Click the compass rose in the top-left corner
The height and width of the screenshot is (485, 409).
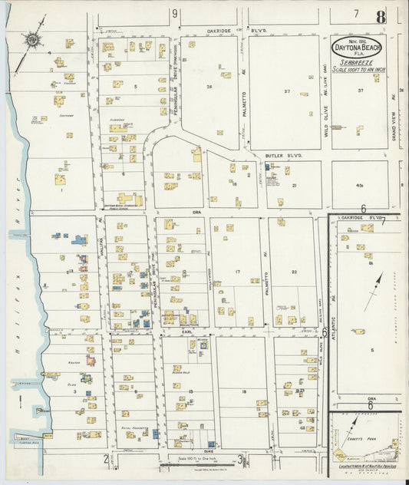tap(33, 39)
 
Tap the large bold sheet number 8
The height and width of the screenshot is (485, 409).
tap(381, 16)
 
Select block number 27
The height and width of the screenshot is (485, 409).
tap(285, 92)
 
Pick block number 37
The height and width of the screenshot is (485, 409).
tap(360, 91)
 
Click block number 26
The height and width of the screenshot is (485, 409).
tap(209, 87)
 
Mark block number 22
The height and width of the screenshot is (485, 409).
tap(294, 272)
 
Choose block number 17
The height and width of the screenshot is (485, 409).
tap(238, 272)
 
